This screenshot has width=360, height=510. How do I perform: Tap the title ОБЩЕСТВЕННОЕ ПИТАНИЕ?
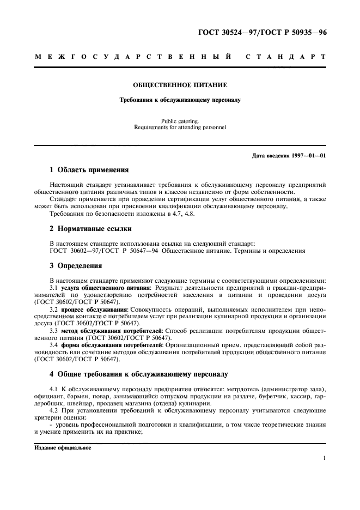180,86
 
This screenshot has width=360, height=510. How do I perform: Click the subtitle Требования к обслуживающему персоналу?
180,100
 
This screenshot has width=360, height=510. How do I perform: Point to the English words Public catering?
180,122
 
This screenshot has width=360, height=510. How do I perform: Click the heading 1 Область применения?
89,170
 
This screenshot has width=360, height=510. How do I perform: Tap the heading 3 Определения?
76,266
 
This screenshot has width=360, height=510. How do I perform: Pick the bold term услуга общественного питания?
106,287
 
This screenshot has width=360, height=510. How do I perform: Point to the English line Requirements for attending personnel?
180,127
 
